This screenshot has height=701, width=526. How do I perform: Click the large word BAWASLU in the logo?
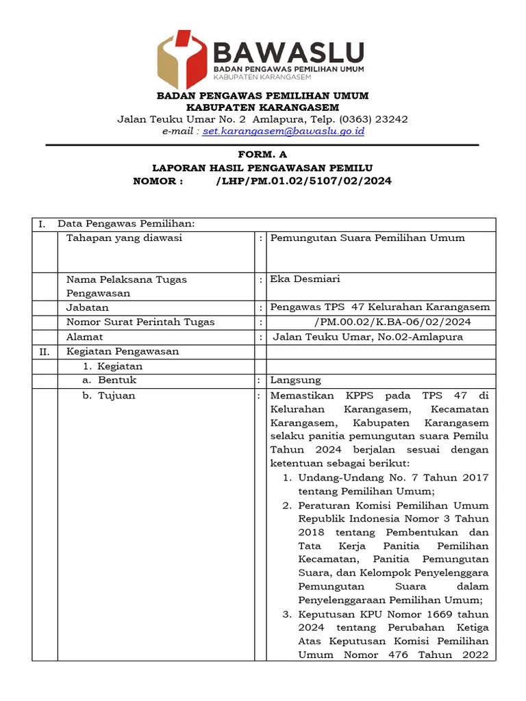pos(288,52)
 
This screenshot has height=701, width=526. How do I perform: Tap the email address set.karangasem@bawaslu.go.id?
pos(284,131)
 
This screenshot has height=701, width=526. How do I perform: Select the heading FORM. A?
pos(262,155)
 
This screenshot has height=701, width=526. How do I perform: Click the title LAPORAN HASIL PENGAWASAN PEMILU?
pos(262,168)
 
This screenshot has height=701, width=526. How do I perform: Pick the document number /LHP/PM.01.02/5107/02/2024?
pos(303,181)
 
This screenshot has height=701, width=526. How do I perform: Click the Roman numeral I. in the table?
pos(42,224)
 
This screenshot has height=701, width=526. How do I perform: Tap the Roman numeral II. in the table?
pos(44,352)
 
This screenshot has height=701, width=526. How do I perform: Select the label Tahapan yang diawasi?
pos(124,238)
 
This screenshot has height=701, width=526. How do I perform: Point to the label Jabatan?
pos(87,308)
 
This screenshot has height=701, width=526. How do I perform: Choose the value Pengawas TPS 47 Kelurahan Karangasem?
pos(380,307)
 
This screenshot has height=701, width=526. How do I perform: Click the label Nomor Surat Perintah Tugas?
pos(140,322)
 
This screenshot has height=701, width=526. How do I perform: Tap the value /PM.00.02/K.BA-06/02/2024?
pos(392,322)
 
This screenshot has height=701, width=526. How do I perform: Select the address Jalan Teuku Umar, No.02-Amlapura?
pos(368,337)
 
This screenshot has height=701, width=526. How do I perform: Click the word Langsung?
pos(295,380)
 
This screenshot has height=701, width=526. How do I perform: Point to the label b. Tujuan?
pos(109,396)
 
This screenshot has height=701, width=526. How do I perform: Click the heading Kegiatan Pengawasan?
pos(123,352)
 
